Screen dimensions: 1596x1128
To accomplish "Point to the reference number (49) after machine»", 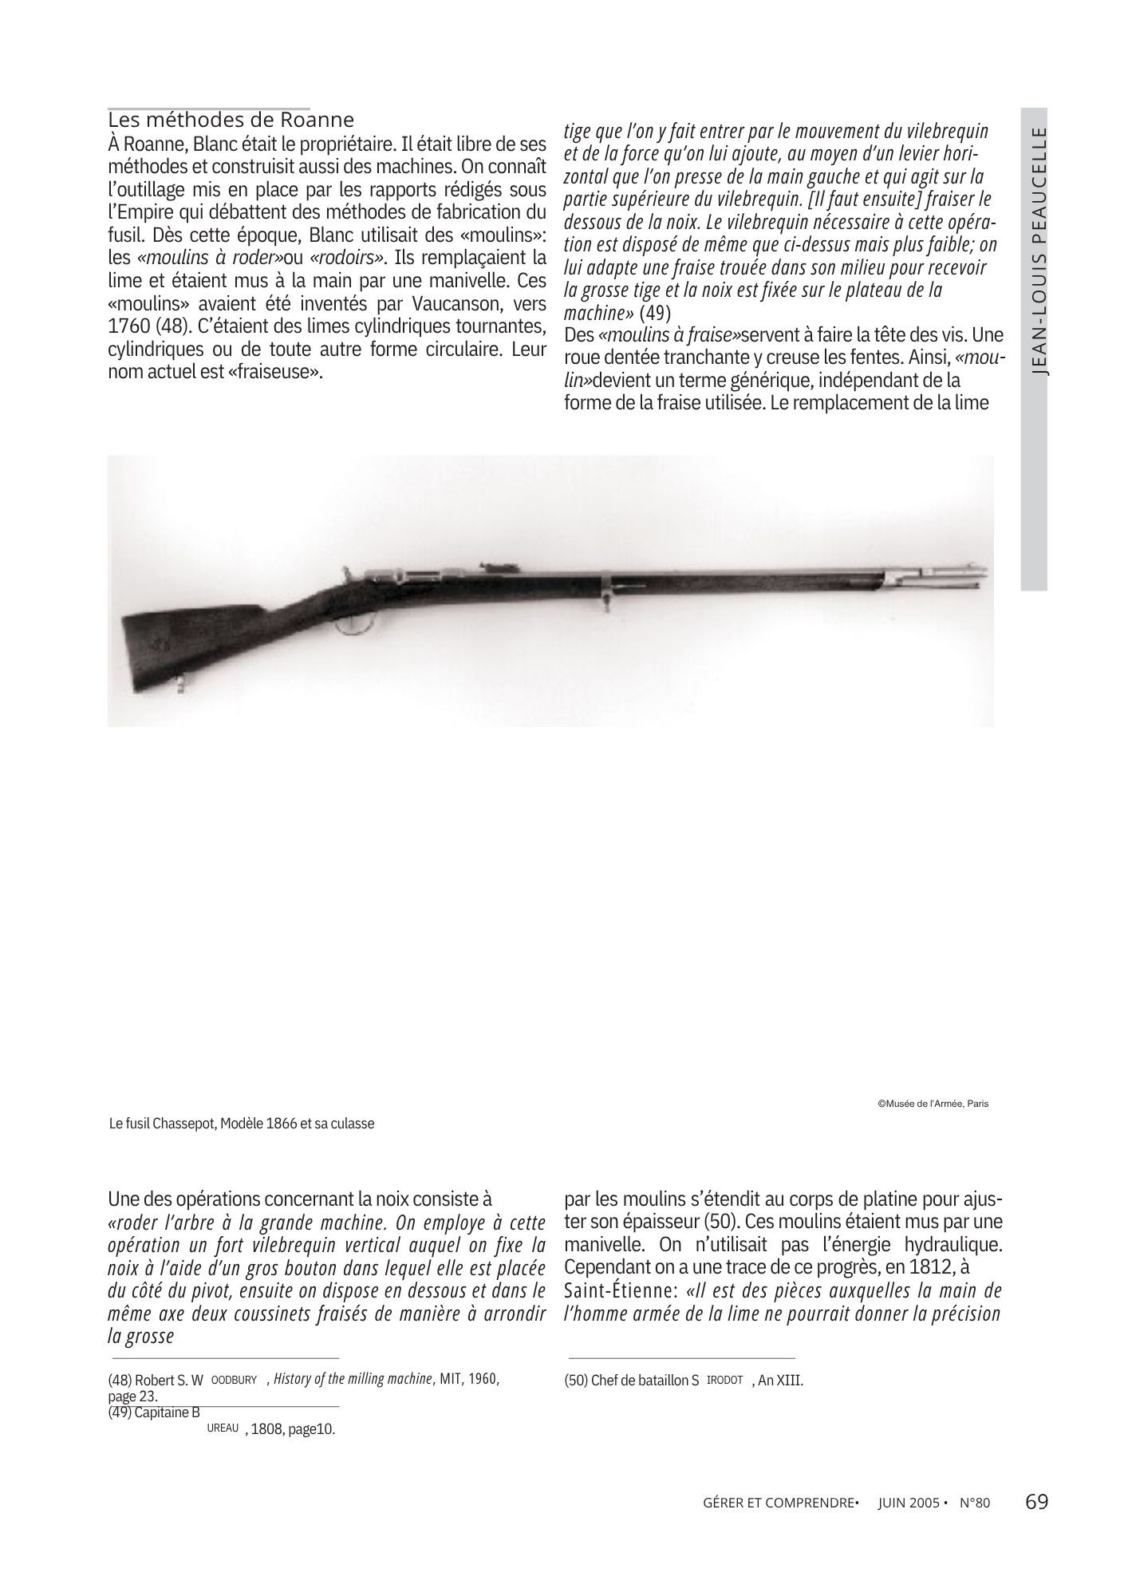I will [x=657, y=311].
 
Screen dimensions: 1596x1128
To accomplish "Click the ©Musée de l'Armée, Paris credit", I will [x=933, y=1104].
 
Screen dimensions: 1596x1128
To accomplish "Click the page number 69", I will [x=1036, y=1502].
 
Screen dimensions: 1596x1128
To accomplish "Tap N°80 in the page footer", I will [x=974, y=1503].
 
